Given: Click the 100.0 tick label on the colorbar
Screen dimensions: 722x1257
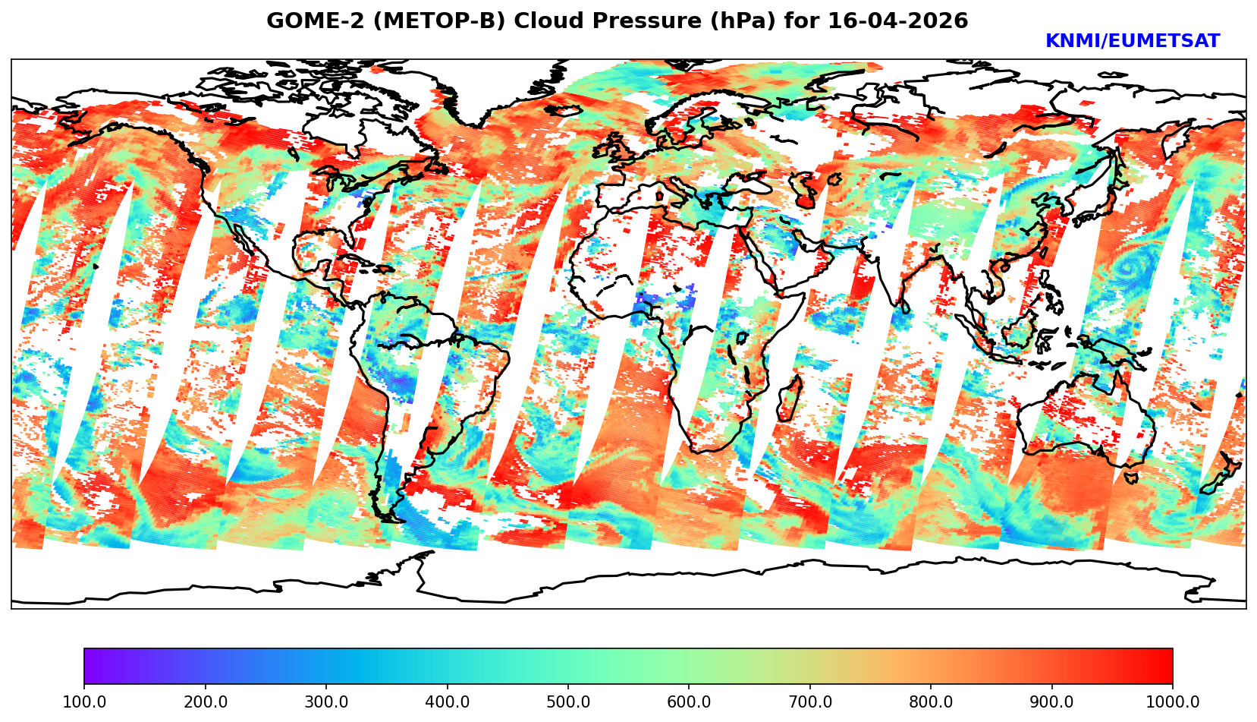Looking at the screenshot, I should (x=84, y=702).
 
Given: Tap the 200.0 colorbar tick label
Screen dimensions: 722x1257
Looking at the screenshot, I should (x=205, y=702).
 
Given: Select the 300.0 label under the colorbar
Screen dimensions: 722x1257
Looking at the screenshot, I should (x=326, y=702).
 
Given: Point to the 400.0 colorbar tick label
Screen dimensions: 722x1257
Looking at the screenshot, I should (x=447, y=702).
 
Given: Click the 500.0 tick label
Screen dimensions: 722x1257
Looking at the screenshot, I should (x=568, y=702).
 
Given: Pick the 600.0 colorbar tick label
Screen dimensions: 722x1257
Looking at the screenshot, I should (x=689, y=702).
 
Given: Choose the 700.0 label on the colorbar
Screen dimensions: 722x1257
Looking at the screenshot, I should (x=810, y=702).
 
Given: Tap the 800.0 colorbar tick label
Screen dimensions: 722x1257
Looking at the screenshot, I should (x=931, y=702).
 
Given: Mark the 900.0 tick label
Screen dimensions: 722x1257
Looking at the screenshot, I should (x=1052, y=702).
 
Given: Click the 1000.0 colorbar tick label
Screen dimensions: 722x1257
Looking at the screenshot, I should (x=1173, y=702).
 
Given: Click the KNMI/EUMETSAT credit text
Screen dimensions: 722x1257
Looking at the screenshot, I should (x=1132, y=42).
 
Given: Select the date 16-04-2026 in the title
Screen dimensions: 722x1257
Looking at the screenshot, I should (x=898, y=21).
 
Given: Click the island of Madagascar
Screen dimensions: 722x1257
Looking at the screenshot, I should (x=790, y=399).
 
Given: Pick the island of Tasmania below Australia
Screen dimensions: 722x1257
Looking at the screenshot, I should (x=1130, y=478).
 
